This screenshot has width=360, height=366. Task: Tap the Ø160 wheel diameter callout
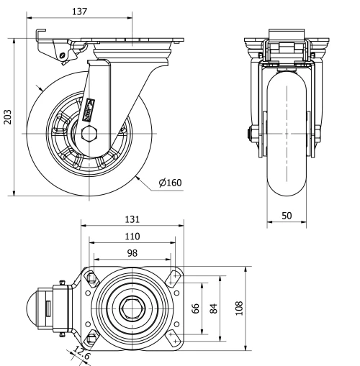[x=171, y=183]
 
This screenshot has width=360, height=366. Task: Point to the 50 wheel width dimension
[x=286, y=216]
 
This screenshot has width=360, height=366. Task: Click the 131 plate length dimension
[x=131, y=219]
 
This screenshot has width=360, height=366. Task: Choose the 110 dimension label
[x=132, y=236]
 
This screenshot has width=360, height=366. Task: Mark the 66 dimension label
[x=194, y=308]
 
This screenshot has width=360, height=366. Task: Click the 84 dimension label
[x=213, y=308]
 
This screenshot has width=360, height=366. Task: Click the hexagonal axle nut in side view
[x=89, y=134]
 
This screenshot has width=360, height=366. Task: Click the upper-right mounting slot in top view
[x=174, y=276]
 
